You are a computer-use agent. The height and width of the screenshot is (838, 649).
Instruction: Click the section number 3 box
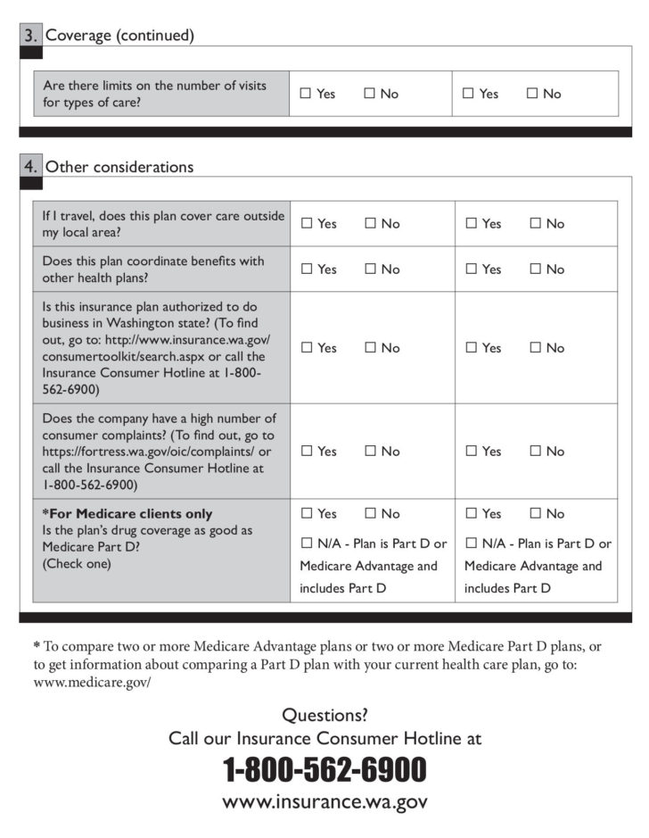pos(30,36)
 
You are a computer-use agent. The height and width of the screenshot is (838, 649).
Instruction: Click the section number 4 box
pos(30,167)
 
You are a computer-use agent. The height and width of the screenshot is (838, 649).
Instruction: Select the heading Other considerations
pos(119,167)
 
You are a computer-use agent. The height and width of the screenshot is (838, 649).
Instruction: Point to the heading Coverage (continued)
pos(119,36)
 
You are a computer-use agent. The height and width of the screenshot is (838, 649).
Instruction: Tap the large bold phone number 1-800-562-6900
pos(324,768)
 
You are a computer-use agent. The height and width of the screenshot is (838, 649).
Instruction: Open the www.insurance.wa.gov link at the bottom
pos(324,801)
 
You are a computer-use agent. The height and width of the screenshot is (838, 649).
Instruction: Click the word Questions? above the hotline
pos(324,715)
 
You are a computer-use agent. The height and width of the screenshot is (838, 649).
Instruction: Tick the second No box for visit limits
pos(532,94)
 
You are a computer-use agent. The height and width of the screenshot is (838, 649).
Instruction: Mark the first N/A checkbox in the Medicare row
pos(307,543)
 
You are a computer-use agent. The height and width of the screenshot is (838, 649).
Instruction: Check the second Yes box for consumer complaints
pos(471,452)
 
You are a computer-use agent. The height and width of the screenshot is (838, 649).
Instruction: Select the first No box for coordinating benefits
pos(370,270)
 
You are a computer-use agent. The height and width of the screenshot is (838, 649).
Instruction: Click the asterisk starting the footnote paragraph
pos(37,645)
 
